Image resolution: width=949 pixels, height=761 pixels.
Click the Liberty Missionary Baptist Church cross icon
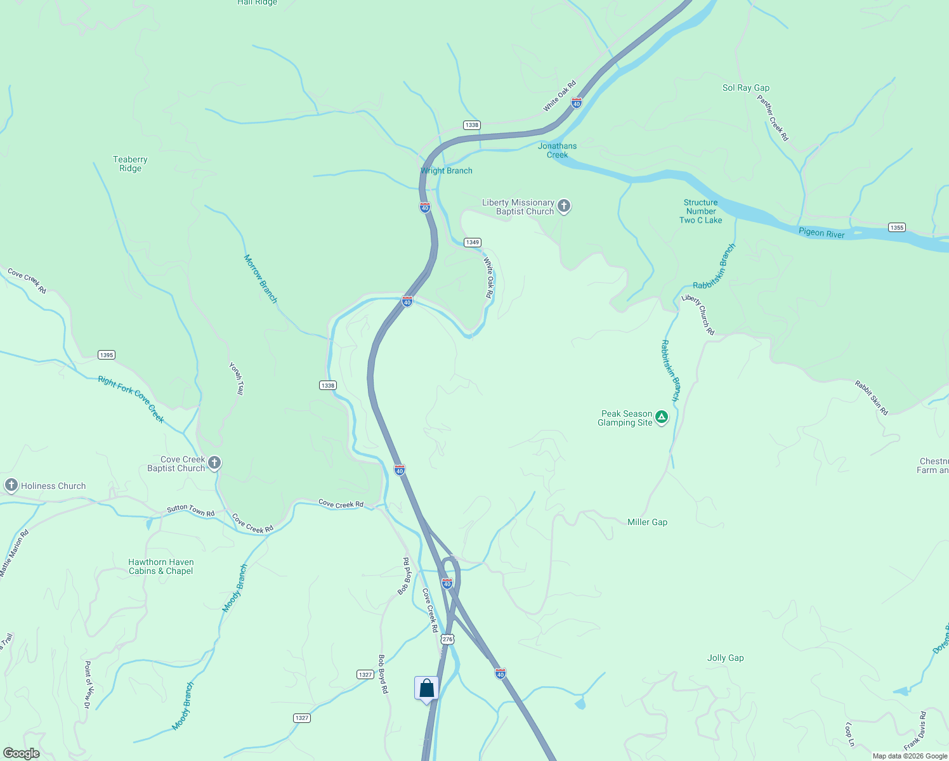[563, 206]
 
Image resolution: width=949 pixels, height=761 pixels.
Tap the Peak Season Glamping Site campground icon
[662, 417]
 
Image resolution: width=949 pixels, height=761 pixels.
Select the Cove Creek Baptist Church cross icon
[214, 463]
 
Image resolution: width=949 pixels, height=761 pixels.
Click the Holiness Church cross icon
[11, 486]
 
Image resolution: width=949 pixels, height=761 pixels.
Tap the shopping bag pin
[426, 689]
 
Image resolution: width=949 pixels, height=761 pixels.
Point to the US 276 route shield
[448, 639]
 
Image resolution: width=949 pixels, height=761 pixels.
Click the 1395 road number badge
[107, 355]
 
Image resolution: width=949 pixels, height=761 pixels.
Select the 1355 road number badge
[896, 228]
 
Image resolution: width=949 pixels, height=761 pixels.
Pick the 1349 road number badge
[472, 242]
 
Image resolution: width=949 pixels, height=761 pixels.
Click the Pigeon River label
[821, 233]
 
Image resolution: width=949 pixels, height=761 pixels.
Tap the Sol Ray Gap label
[746, 88]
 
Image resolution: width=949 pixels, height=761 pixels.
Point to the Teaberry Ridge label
[130, 164]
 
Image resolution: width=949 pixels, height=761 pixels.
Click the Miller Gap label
[647, 522]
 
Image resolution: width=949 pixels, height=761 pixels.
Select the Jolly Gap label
[725, 658]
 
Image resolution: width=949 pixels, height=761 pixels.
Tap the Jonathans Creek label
[558, 150]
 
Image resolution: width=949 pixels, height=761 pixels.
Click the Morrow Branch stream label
[261, 279]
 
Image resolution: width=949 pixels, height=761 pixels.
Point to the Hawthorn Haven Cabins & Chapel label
[161, 566]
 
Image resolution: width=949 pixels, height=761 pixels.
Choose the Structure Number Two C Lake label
[701, 211]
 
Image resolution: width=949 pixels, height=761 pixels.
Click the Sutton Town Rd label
[190, 509]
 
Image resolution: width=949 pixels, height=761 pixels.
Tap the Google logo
[22, 753]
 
